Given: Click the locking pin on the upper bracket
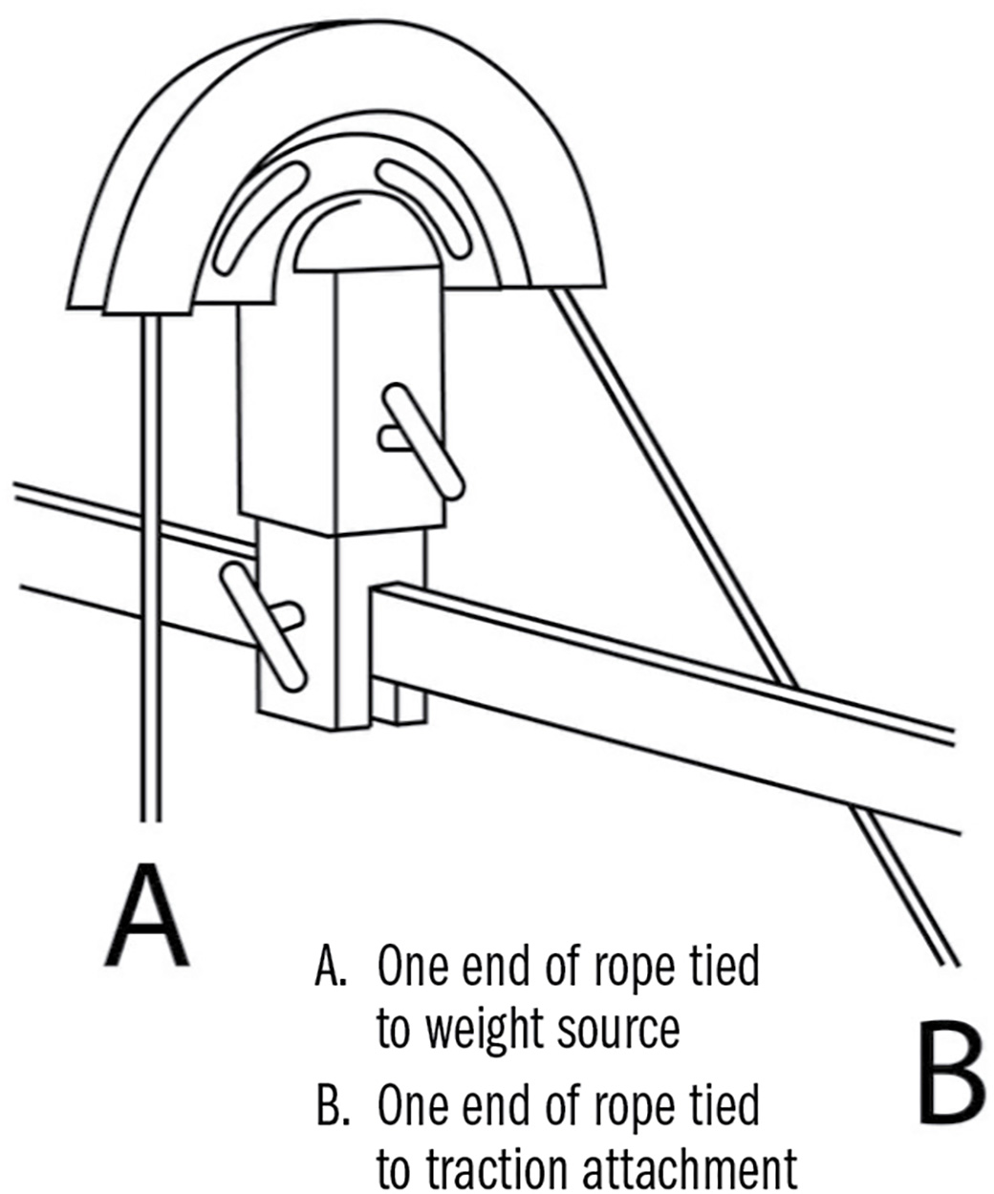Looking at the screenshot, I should (421, 440).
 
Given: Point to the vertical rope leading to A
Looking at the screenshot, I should (151, 573).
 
